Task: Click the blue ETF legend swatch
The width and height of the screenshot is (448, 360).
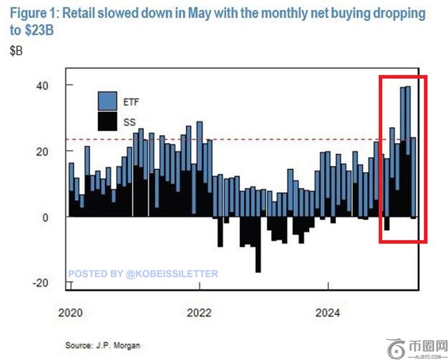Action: click(108, 102)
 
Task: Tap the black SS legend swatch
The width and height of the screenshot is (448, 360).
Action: click(108, 121)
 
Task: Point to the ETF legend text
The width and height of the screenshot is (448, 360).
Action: click(131, 102)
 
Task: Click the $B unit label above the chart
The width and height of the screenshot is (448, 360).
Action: click(16, 51)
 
